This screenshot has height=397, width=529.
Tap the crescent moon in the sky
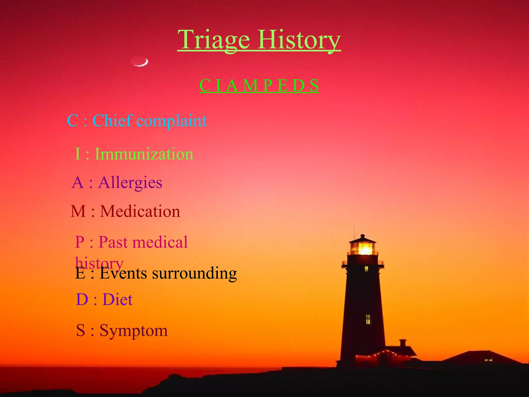point(140,62)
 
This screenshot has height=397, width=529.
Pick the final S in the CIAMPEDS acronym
point(314,86)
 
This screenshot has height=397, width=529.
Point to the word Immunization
point(144,154)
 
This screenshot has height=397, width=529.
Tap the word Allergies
point(130,183)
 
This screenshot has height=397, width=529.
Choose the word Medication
point(140,211)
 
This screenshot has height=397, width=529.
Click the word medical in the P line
point(161,242)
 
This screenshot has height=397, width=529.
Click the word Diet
point(118,300)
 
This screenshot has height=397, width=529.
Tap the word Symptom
point(134,331)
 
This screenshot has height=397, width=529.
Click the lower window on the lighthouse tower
point(368,319)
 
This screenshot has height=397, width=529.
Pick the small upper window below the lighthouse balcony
point(366,269)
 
